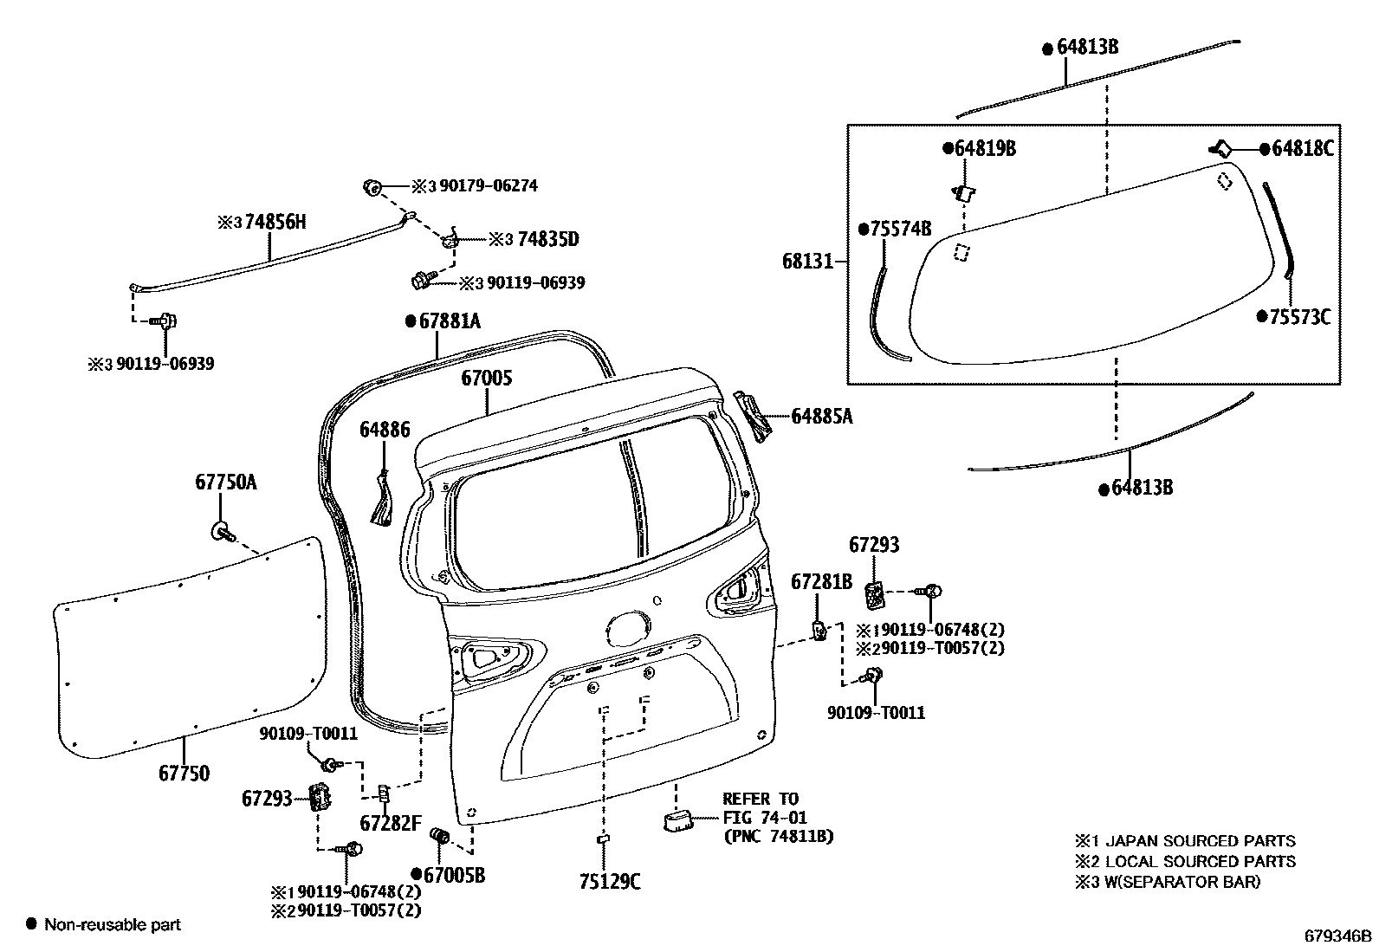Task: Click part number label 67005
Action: tap(486, 378)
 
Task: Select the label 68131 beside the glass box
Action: tap(806, 260)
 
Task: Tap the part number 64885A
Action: tap(821, 417)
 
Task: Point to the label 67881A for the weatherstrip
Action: tap(449, 321)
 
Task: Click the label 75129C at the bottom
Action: tap(610, 882)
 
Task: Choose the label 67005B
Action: tap(455, 875)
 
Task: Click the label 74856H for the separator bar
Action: tap(275, 222)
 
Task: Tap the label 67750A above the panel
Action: tap(225, 482)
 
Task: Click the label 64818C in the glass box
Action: tap(1303, 149)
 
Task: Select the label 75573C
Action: tap(1298, 317)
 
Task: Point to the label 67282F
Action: tap(391, 823)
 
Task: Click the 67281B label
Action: tap(821, 581)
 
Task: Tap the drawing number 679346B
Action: tap(1338, 936)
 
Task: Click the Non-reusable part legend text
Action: tap(113, 924)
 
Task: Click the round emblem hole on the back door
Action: tap(630, 629)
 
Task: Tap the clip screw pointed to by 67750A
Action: tap(221, 530)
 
